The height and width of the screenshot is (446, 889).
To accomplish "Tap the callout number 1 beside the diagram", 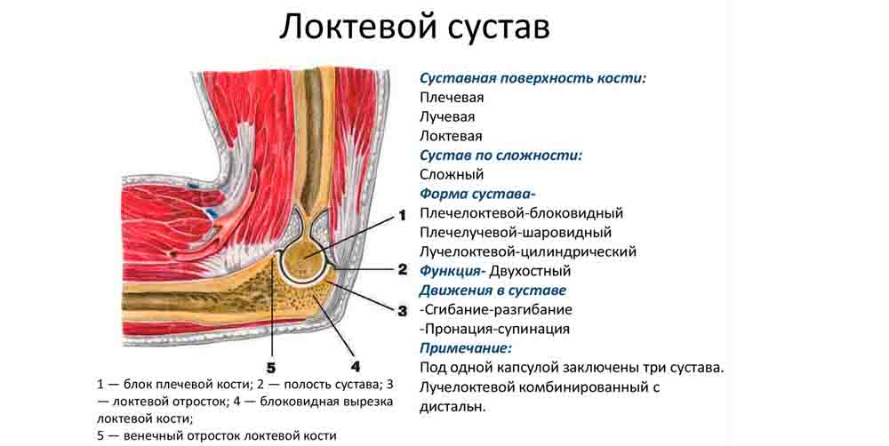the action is [x=402, y=215].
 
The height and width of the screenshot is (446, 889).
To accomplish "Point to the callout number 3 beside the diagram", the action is [x=402, y=311].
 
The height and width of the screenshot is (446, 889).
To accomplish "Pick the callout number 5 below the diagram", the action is [x=271, y=369].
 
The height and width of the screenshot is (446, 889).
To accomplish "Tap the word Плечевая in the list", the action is [x=452, y=98].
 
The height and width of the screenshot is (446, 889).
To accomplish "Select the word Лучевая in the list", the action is [x=447, y=116].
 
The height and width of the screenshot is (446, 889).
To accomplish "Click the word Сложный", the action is [x=452, y=174].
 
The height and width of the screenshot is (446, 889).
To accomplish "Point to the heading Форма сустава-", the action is [x=478, y=194].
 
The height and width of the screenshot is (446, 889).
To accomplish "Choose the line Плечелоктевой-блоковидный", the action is [x=522, y=213].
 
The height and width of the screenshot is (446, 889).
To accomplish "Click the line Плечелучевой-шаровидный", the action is [x=516, y=233].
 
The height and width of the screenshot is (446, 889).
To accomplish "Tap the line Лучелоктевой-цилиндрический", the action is [x=528, y=251].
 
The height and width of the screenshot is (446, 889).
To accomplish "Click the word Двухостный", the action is [x=530, y=271].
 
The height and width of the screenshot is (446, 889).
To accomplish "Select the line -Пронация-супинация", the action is [x=495, y=329].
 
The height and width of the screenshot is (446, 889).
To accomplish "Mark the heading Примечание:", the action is [x=466, y=348].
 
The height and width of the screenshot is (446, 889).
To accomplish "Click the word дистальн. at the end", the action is [x=453, y=406].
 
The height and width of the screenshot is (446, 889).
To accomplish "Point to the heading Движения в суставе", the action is [x=493, y=291].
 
